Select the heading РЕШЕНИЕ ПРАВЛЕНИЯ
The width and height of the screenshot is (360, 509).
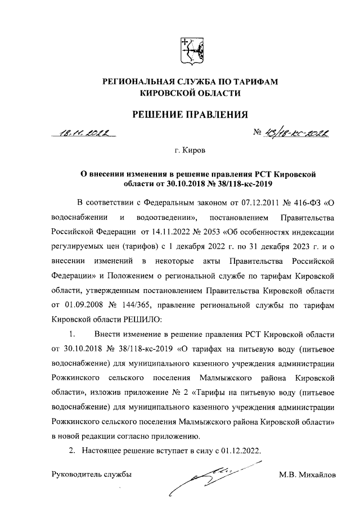pyautogui.click(x=190, y=115)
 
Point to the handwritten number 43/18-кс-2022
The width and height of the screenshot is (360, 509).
pyautogui.click(x=296, y=134)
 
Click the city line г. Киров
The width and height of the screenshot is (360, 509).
pyautogui.click(x=190, y=151)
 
